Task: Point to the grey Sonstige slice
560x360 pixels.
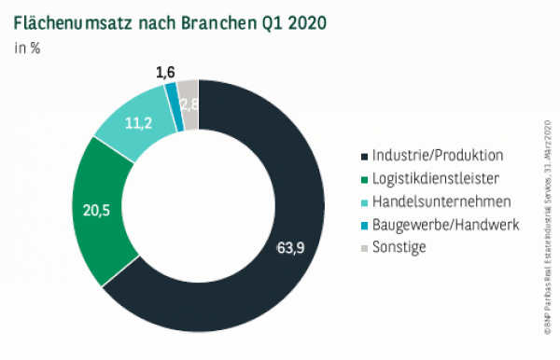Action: point(189,100)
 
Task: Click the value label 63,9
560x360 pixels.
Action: point(292,248)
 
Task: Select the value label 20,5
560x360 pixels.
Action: point(95,212)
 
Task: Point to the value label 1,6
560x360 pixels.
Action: point(165,71)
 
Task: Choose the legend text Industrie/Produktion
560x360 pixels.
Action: point(438,155)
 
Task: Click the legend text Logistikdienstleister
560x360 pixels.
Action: point(439,178)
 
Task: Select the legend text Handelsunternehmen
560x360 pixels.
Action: point(439,201)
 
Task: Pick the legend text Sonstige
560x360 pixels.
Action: point(399,247)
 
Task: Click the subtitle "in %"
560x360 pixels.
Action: point(27,48)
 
